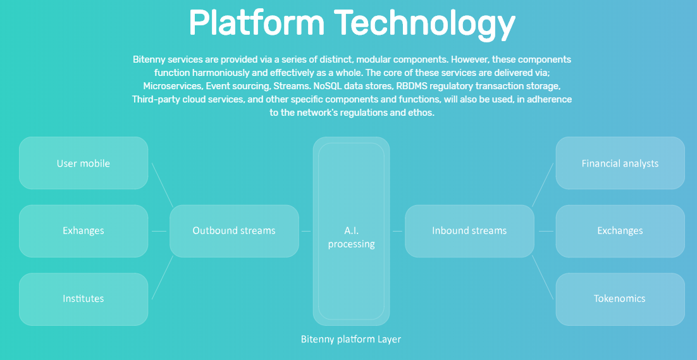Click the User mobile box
83,163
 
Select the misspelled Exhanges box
83,231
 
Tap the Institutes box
83,299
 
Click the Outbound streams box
234,231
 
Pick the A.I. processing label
351,237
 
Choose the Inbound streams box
469,231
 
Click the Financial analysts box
620,163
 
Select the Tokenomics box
620,299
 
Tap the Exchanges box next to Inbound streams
620,231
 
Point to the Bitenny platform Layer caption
351,340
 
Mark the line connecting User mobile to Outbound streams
163,185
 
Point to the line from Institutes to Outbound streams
163,277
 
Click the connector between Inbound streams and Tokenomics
543,277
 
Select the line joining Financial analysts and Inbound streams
543,185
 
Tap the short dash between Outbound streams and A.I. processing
306,231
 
